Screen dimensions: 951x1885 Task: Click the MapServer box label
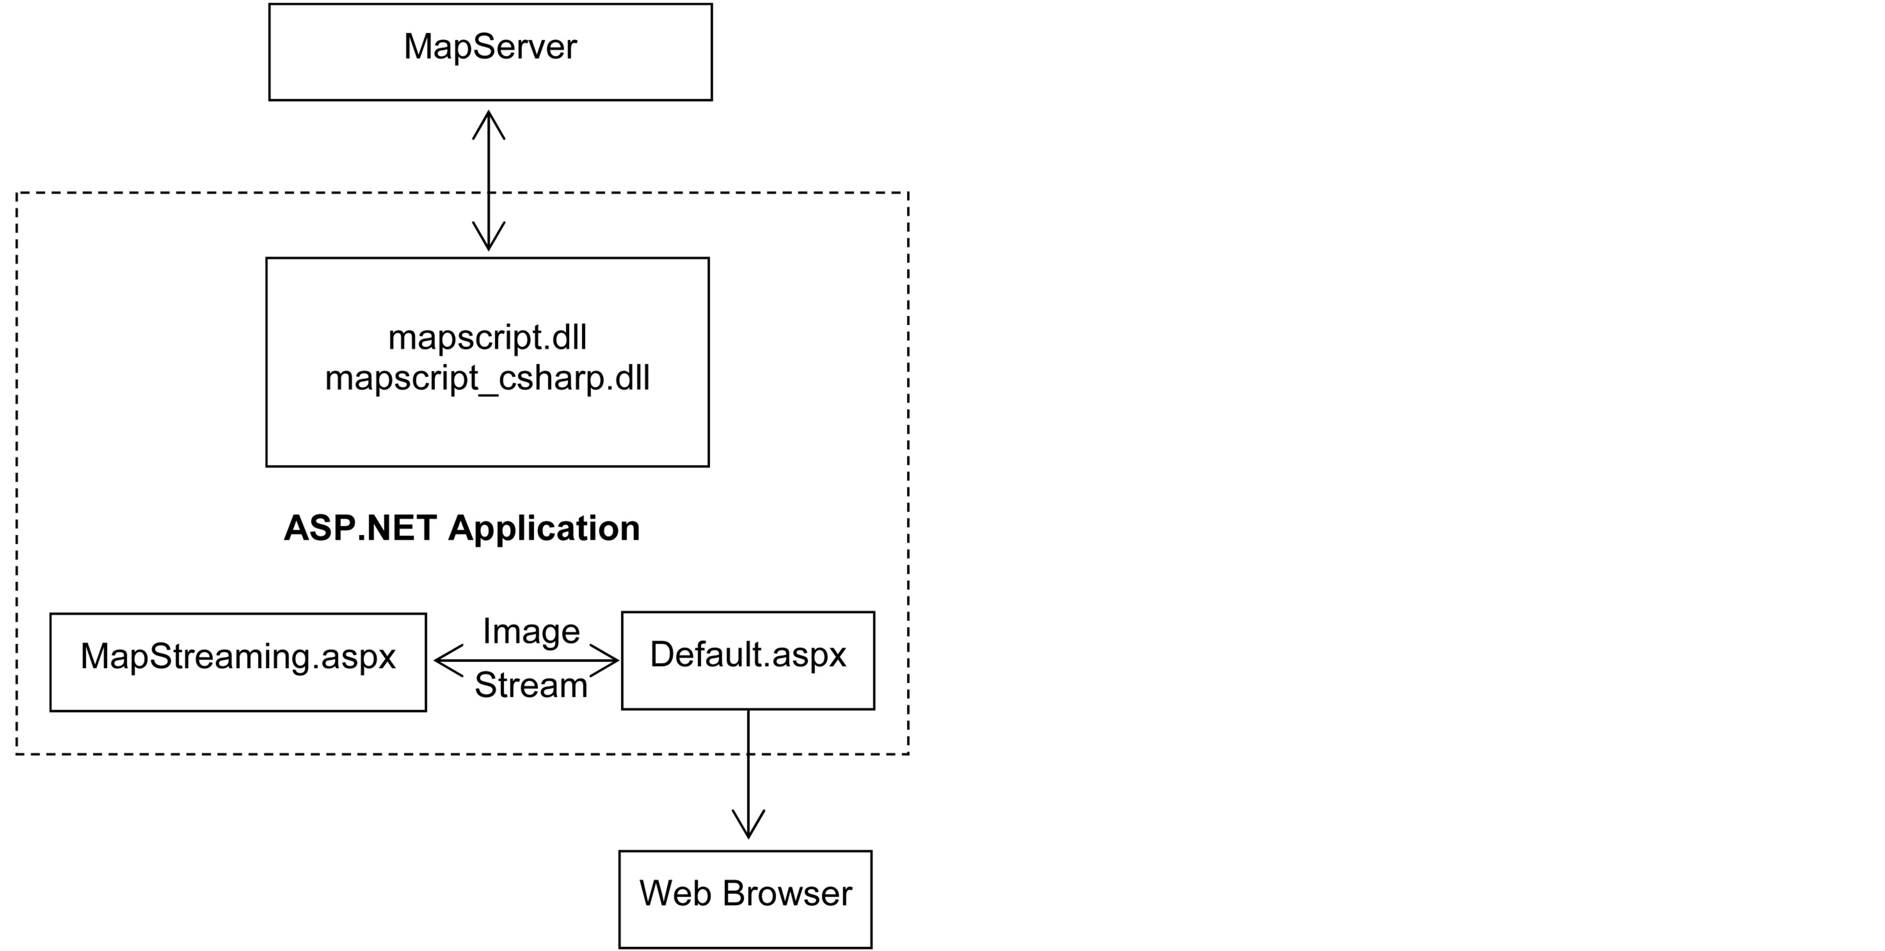[x=490, y=47]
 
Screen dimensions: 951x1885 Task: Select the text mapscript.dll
[x=487, y=338]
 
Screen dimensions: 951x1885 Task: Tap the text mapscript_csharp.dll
[x=487, y=378]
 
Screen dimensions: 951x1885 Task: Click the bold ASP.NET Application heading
[x=461, y=528]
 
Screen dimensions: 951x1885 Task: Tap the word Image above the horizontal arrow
[x=531, y=631]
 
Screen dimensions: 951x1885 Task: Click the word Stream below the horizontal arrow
[x=531, y=685]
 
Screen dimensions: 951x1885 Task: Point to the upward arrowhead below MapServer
[x=489, y=122]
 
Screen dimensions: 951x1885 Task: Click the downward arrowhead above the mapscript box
[x=489, y=238]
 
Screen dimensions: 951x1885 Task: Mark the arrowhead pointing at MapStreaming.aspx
[x=446, y=660]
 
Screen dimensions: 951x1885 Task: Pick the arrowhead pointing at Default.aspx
[x=607, y=660]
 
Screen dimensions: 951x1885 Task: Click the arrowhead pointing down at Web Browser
[x=748, y=825]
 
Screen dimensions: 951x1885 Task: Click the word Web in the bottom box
[x=675, y=893]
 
